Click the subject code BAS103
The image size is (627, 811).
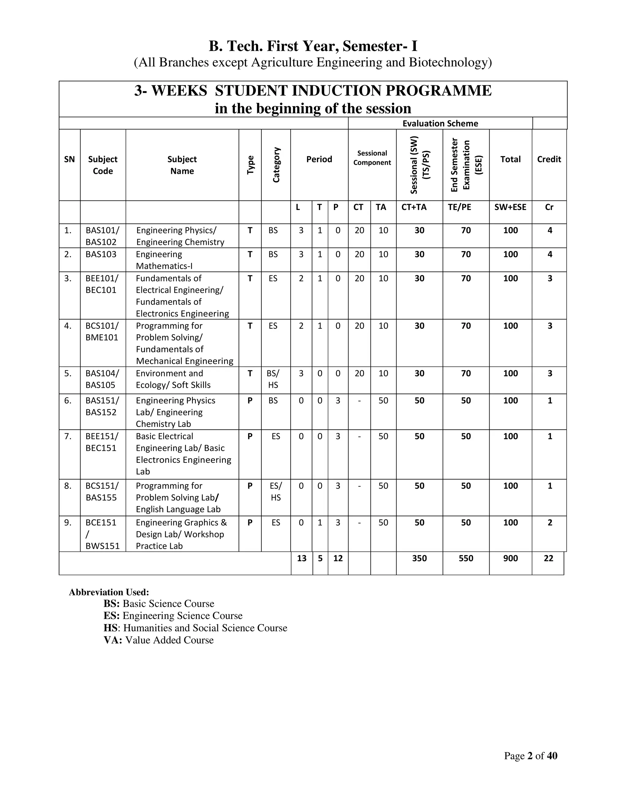coord(101,254)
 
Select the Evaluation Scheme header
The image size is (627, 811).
coord(440,123)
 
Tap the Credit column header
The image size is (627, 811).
coord(549,159)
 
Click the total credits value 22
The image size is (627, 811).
coord(548,559)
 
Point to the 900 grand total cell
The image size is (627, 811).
coord(510,559)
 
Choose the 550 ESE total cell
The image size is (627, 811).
coord(466,559)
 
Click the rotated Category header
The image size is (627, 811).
coord(276,165)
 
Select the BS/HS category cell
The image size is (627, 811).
coord(273,379)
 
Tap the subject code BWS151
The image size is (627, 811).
coord(103,546)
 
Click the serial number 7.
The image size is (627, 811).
coord(68,436)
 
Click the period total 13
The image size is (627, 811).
coord(302,559)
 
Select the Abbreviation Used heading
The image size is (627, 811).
coord(109,592)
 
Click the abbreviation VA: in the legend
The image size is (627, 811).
coord(113,640)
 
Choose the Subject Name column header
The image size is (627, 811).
coord(182,165)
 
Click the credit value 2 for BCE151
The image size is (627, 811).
coord(550,522)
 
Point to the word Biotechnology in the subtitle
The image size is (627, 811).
coord(450,62)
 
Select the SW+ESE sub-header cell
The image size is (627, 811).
coord(510,207)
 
